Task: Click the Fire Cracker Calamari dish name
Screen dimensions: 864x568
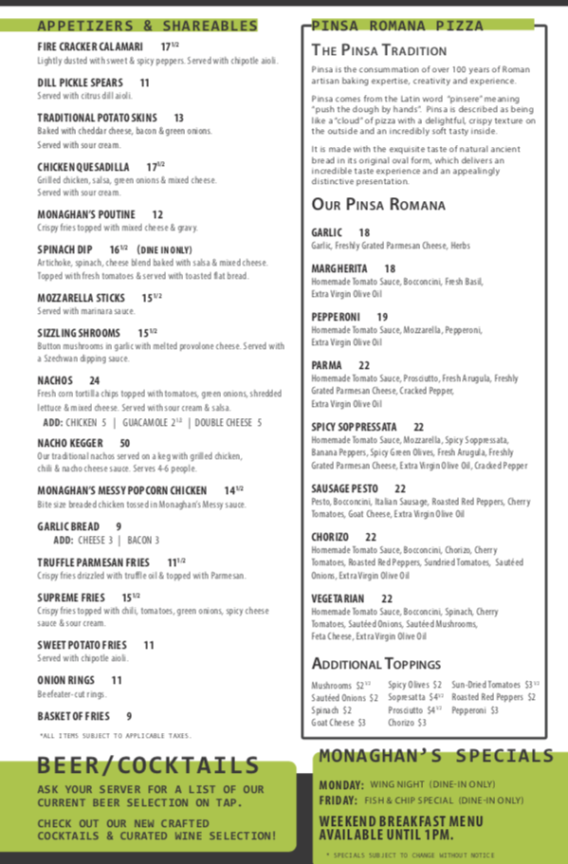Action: click(x=90, y=46)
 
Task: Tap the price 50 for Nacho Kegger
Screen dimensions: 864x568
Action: click(x=124, y=443)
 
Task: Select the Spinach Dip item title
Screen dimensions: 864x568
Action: click(x=64, y=248)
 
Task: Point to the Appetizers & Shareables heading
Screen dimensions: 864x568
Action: click(x=147, y=26)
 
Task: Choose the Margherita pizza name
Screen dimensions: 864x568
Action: click(x=339, y=268)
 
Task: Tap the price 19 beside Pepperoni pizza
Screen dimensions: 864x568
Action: click(x=382, y=317)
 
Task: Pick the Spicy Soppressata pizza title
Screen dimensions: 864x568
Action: click(x=354, y=427)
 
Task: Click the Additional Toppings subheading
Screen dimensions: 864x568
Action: click(x=376, y=664)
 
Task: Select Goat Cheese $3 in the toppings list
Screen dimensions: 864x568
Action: click(x=339, y=723)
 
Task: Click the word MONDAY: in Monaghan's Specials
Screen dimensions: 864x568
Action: click(x=341, y=784)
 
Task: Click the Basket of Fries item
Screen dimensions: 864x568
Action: click(x=73, y=716)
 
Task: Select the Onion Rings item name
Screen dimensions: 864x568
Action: click(x=65, y=680)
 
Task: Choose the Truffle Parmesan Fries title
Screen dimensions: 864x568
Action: click(x=93, y=562)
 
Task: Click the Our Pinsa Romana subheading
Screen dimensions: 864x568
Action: click(x=377, y=205)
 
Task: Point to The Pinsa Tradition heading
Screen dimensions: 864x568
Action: click(x=378, y=50)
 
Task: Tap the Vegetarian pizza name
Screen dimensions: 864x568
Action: click(x=338, y=598)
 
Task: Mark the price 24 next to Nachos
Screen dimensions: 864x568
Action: click(x=94, y=380)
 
